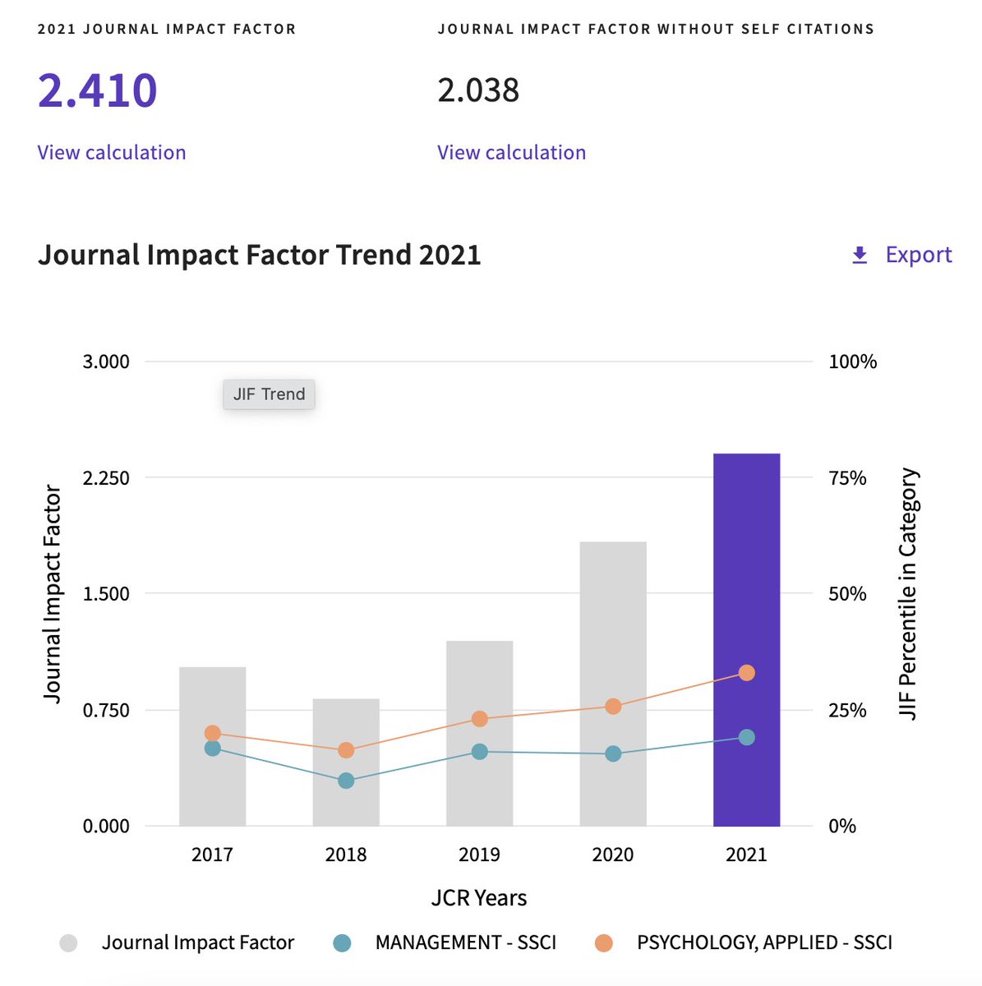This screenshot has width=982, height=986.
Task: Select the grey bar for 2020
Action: click(x=613, y=624)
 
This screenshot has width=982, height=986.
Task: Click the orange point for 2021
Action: click(x=746, y=673)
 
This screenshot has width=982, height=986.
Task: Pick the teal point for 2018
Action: click(x=346, y=781)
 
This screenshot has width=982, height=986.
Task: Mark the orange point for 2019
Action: click(x=480, y=719)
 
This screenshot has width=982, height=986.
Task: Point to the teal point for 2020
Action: click(x=613, y=753)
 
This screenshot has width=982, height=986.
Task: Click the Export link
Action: click(x=901, y=255)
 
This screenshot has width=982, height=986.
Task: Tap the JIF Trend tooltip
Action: click(x=269, y=394)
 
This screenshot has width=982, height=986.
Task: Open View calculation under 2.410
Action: click(x=112, y=153)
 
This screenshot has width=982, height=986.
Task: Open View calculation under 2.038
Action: click(x=511, y=153)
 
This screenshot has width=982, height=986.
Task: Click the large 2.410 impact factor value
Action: click(x=97, y=90)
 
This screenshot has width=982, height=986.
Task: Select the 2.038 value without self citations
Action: click(x=478, y=90)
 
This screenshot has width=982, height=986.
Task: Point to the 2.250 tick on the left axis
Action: click(x=106, y=478)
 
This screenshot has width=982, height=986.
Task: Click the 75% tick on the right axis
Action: click(x=847, y=478)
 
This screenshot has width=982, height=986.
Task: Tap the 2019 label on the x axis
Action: click(x=479, y=855)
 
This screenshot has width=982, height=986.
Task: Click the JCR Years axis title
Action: click(x=479, y=898)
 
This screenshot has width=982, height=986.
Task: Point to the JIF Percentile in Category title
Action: click(x=907, y=593)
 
